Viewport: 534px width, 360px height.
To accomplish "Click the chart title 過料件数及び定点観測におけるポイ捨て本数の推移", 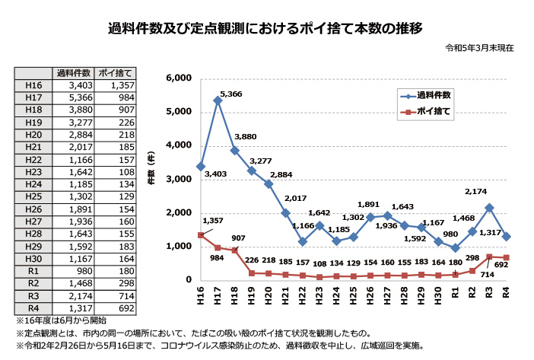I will point(265,28).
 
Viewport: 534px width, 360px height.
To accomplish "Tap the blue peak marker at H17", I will point(218,100).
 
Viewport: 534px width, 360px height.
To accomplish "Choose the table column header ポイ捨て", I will point(116,74).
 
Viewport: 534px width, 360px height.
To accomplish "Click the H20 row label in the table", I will point(33,134).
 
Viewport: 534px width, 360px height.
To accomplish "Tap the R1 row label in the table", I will point(33,269).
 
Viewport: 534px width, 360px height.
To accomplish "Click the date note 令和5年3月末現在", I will point(480,47).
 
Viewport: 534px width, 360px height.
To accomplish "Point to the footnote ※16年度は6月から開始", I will point(59,321).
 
